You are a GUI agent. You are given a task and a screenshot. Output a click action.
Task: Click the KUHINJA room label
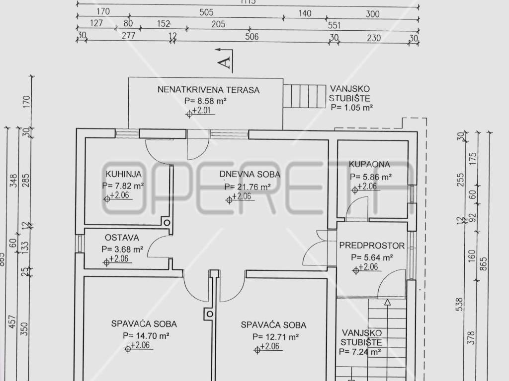(124, 174)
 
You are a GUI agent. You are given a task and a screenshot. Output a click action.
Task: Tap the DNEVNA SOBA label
(250, 175)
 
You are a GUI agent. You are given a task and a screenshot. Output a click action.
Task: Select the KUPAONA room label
(369, 164)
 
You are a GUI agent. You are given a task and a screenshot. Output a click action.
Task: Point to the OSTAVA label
(122, 238)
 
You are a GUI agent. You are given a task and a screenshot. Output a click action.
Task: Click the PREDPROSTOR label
(372, 246)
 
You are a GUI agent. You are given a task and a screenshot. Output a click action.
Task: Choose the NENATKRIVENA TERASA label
(209, 90)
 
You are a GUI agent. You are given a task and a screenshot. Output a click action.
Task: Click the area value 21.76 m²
(247, 187)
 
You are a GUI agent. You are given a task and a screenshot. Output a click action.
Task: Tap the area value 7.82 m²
(123, 186)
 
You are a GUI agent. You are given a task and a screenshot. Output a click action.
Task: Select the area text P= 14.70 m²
(147, 336)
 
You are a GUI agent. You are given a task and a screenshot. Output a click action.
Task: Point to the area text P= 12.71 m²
(275, 337)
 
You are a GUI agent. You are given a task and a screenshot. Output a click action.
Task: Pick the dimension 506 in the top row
(252, 36)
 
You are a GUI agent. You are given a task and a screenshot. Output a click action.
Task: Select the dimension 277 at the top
(128, 36)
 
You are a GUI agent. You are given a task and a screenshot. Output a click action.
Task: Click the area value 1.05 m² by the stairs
(351, 107)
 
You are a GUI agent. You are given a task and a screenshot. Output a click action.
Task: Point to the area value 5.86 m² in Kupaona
(371, 177)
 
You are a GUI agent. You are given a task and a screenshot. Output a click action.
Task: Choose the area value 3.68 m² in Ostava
(122, 249)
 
